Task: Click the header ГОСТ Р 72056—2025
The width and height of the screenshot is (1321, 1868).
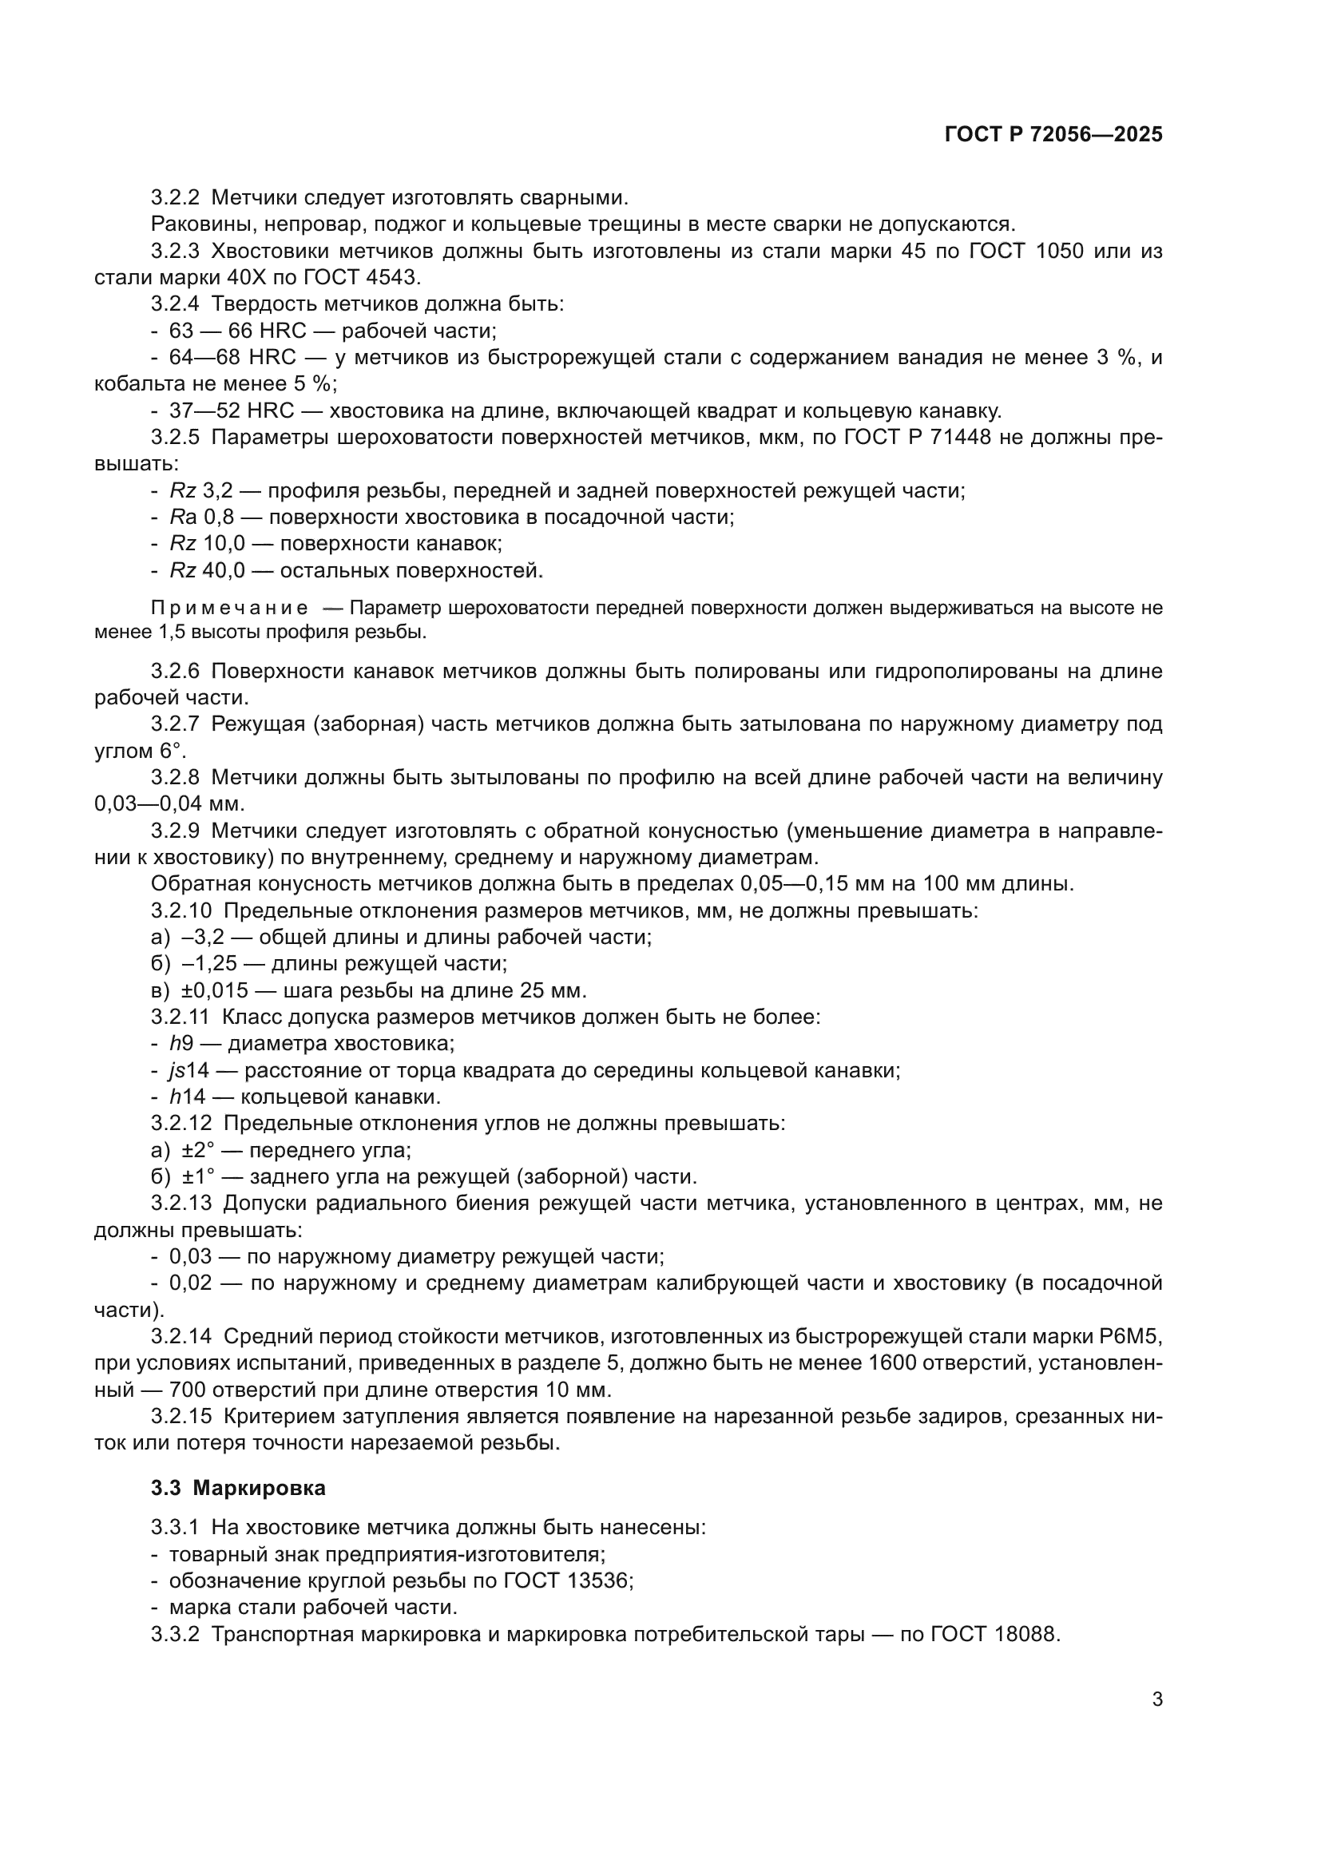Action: click(1053, 135)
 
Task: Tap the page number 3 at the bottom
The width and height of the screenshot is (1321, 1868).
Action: click(1156, 1699)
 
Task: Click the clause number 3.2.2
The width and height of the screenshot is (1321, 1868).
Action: click(175, 198)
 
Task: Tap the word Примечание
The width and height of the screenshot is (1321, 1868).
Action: click(229, 609)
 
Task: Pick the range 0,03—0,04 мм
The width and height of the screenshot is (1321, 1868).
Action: click(169, 805)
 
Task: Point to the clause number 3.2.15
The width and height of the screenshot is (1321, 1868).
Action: click(181, 1417)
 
